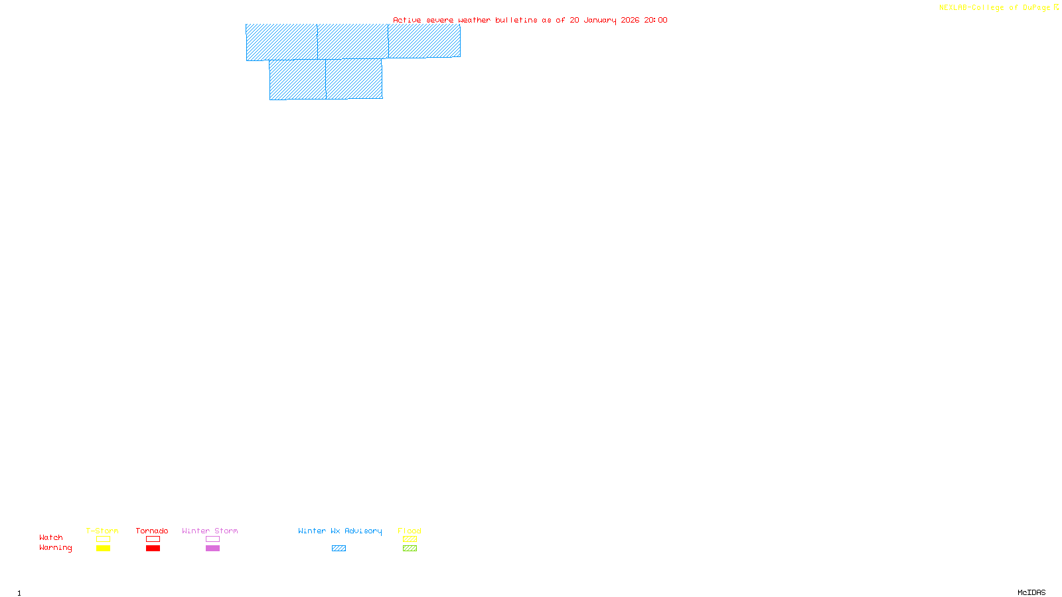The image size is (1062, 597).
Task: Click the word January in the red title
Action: tap(599, 20)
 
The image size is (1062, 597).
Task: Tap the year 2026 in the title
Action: tap(630, 20)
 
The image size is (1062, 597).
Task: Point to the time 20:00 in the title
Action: tap(656, 20)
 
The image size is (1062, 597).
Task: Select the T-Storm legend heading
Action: tap(102, 531)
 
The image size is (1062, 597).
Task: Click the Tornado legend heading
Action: tap(152, 531)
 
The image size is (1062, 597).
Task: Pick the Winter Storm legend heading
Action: tap(210, 531)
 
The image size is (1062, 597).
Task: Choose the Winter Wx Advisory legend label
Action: tap(340, 531)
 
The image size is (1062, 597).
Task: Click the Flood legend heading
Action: tap(410, 531)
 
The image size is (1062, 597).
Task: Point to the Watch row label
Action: tap(51, 537)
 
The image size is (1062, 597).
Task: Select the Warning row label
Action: tap(56, 548)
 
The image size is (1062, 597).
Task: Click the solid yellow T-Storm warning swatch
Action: tap(103, 549)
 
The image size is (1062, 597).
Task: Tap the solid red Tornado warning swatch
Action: tap(153, 549)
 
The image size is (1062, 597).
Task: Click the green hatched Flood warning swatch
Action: tap(410, 549)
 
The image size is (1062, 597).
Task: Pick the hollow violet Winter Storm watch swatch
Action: tap(212, 539)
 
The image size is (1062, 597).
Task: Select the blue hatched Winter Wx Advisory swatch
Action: tap(339, 549)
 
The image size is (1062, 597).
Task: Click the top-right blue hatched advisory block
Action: tap(424, 41)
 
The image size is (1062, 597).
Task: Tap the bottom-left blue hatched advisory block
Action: tap(297, 80)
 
